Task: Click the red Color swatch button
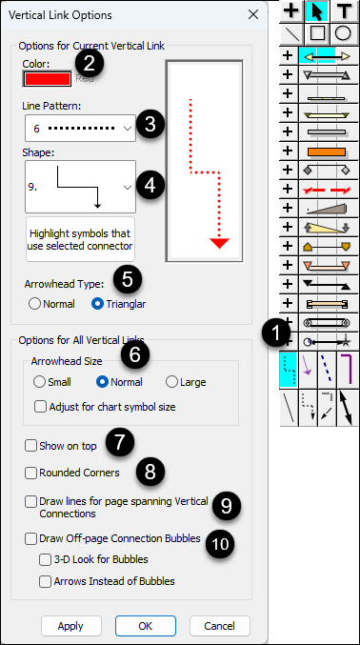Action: [x=48, y=79]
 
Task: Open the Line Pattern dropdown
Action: [x=80, y=129]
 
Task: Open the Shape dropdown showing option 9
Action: [x=80, y=187]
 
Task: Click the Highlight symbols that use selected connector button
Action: [x=81, y=239]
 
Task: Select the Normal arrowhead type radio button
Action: [x=35, y=304]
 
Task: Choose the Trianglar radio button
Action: [x=98, y=304]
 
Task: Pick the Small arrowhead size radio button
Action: [x=39, y=382]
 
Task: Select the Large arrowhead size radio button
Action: [x=171, y=382]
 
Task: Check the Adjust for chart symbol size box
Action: [x=40, y=407]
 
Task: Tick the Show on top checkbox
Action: [x=30, y=446]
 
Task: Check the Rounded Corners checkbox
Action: [x=30, y=474]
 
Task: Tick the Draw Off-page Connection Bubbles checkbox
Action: [x=30, y=539]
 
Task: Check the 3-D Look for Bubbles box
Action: [x=45, y=559]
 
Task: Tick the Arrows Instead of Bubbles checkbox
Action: [x=45, y=582]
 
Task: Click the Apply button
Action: [x=71, y=626]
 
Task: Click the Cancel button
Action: [x=220, y=626]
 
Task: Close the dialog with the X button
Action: [x=253, y=15]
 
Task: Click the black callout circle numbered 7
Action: [x=120, y=442]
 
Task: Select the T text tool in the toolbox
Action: [x=344, y=11]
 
